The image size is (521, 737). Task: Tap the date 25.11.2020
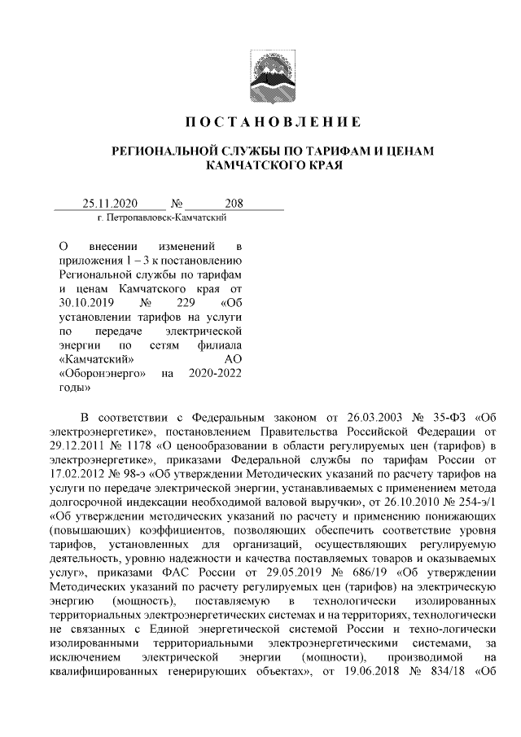[111, 204]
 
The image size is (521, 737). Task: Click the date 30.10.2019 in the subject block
[83, 303]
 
